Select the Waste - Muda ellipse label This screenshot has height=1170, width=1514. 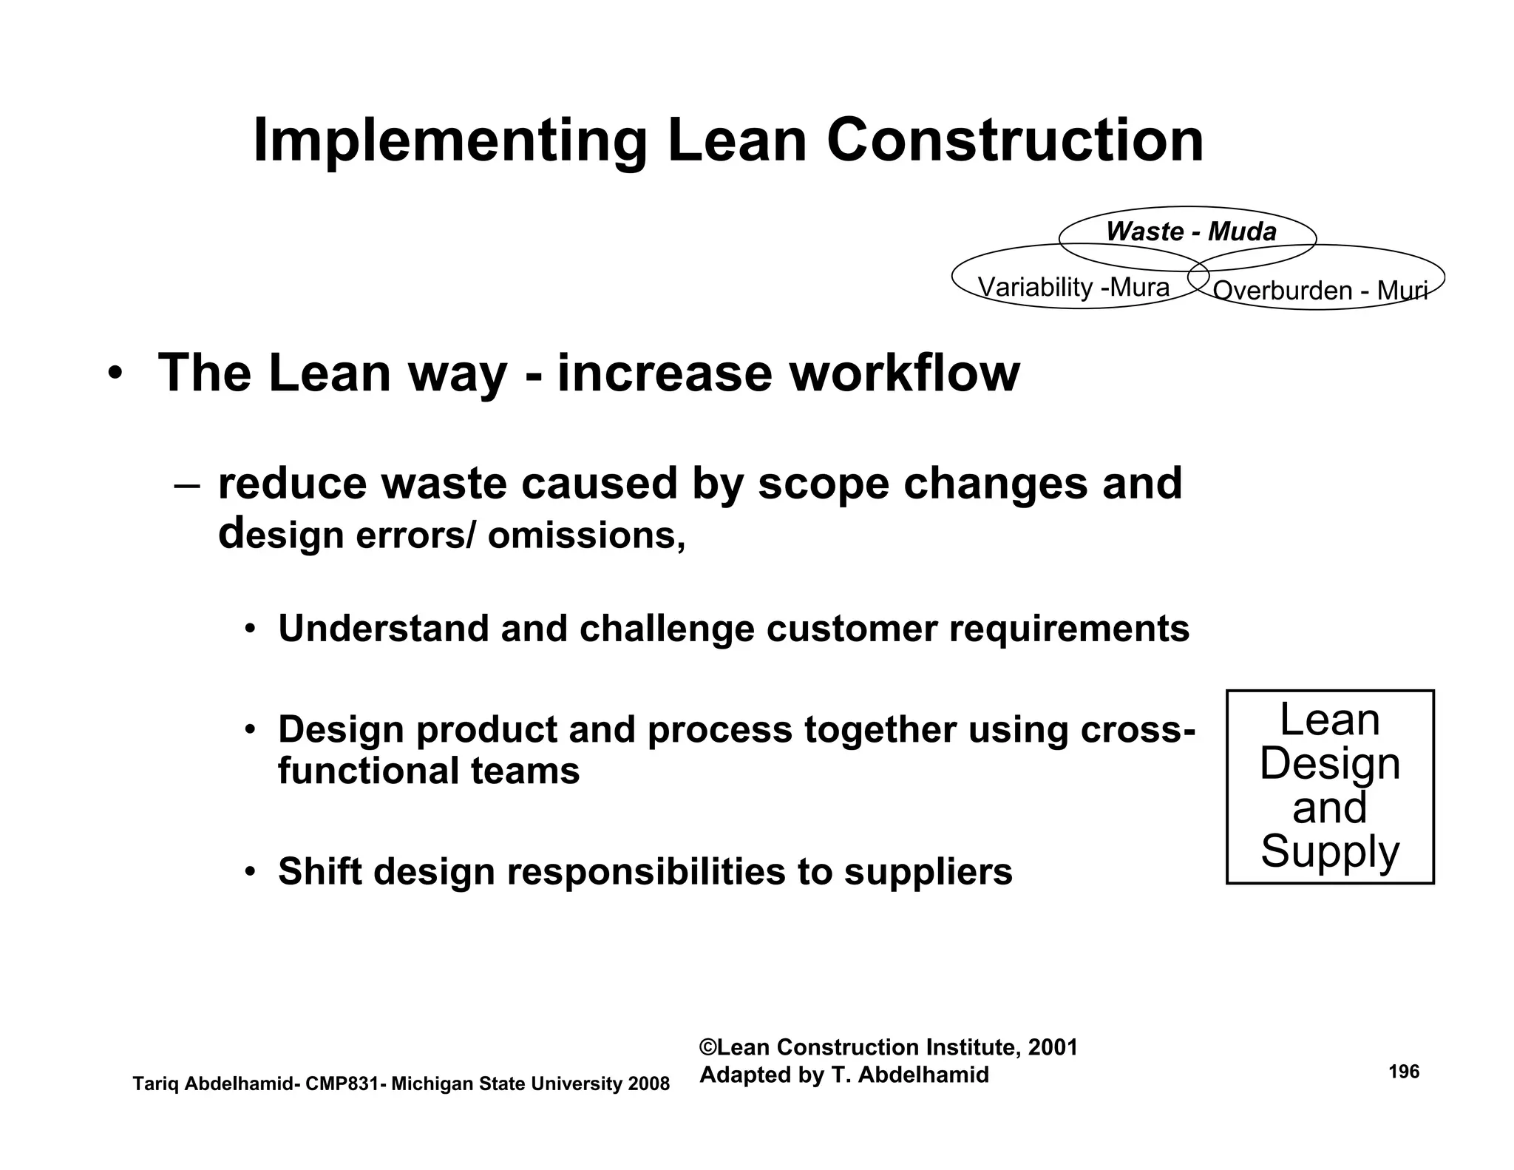[x=1191, y=232]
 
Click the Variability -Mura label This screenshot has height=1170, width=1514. [x=1073, y=287]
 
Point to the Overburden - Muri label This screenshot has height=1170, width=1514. [x=1320, y=291]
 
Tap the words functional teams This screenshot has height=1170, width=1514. [x=429, y=771]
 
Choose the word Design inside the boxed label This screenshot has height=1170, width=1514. [x=1330, y=763]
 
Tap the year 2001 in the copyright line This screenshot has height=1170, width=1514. [x=1053, y=1047]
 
